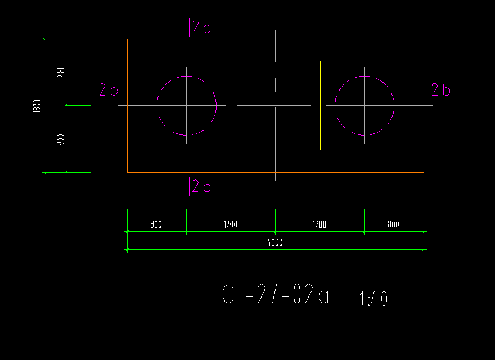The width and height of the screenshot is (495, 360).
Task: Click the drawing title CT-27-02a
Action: (275, 294)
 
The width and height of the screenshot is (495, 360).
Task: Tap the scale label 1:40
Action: (373, 299)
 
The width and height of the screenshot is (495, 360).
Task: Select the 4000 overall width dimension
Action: (275, 242)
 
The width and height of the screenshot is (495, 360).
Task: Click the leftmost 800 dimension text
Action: (156, 224)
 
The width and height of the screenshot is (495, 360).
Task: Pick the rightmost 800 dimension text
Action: (393, 224)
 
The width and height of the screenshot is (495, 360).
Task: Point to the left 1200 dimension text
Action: (231, 224)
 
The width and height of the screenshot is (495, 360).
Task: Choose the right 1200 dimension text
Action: (319, 224)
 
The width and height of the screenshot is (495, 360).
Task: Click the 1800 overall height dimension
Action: (37, 106)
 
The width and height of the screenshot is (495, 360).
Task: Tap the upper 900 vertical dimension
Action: (61, 73)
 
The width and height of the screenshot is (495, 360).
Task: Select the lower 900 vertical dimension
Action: (61, 139)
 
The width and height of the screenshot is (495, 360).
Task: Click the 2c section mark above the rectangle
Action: (200, 28)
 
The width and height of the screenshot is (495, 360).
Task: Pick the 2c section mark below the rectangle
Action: (200, 187)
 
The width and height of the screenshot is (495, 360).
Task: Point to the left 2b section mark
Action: (109, 91)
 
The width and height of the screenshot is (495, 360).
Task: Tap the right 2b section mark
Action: (441, 91)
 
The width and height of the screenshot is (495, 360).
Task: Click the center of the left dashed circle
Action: (187, 106)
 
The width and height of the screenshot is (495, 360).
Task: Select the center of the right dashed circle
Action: (364, 106)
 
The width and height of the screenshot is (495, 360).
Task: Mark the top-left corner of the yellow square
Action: (231, 61)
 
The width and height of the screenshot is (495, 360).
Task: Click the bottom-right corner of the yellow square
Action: (321, 150)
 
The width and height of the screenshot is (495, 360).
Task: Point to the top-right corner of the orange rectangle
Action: (424, 39)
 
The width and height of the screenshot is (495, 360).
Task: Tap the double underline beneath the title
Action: (276, 310)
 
